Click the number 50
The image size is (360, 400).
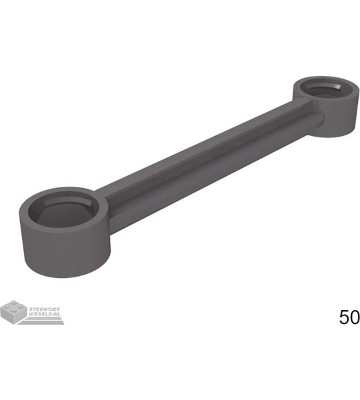click(349, 317)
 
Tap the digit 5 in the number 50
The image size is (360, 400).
click(344, 317)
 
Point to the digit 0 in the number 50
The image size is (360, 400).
click(355, 317)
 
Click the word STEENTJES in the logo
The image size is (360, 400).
click(45, 309)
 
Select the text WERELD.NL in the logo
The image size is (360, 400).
click(45, 314)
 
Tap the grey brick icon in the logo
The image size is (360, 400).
click(14, 312)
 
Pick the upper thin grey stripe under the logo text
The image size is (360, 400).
click(44, 318)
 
